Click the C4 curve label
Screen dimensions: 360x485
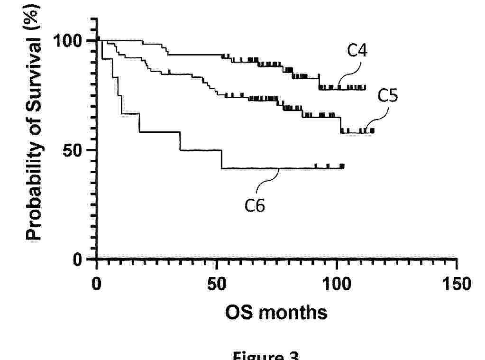coord(357,50)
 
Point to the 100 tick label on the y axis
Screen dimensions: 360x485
coord(70,41)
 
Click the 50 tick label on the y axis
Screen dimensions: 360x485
coord(76,150)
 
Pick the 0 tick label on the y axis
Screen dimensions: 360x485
coord(82,259)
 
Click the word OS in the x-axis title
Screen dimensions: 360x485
coord(238,313)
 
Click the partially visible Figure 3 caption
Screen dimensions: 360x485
coord(265,356)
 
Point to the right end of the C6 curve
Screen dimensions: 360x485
coord(343,166)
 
